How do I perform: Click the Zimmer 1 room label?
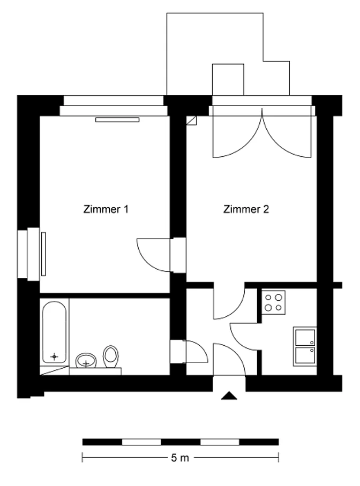point(106,209)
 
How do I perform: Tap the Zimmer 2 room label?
point(246,209)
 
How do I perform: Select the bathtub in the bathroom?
point(54,332)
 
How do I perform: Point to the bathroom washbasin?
point(86,361)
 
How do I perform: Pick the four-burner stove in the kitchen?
point(273,302)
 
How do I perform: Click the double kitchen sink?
point(305,346)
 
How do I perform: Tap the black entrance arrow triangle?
point(229,396)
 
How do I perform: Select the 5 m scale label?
point(180,458)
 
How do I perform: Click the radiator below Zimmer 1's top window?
point(117,120)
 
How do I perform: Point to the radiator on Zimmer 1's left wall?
point(43,254)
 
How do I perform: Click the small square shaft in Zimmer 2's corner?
point(191,120)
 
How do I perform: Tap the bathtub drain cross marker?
point(54,356)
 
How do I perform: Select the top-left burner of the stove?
point(268,298)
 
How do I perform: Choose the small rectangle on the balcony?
point(228,80)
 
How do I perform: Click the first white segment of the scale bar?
point(141,442)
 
